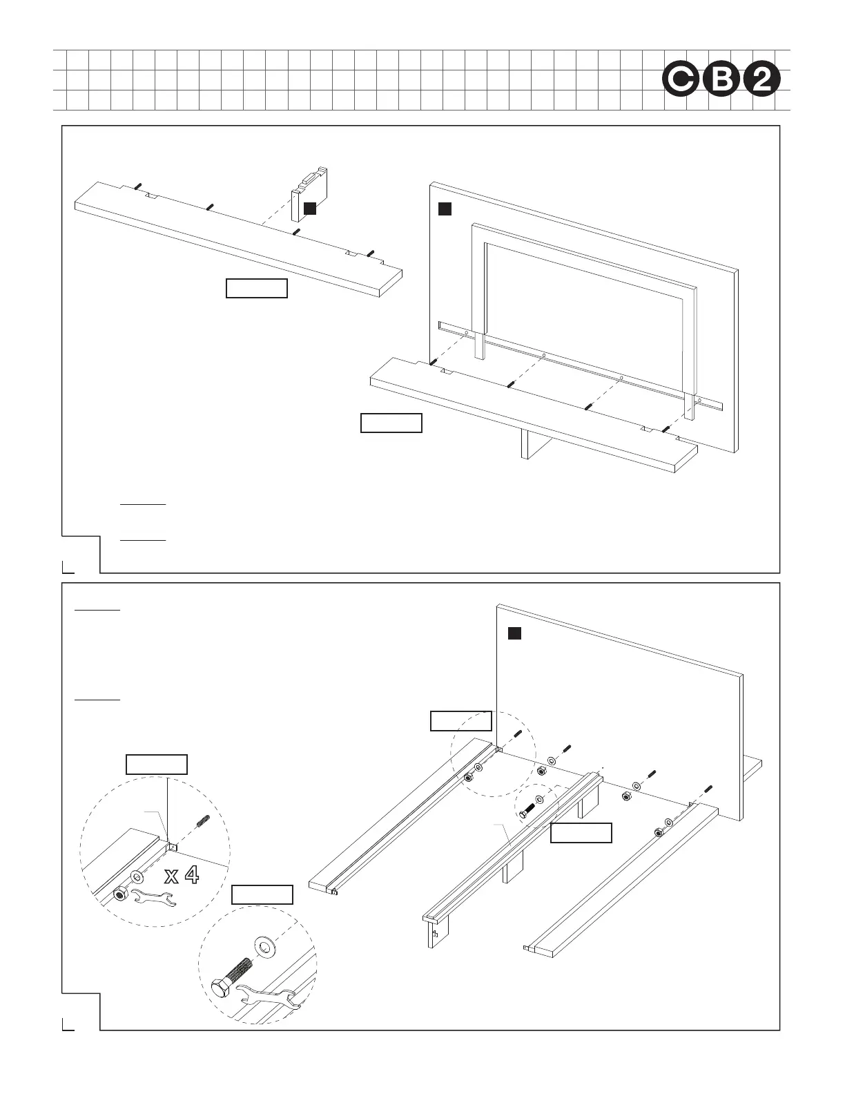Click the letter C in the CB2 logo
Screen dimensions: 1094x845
coord(679,81)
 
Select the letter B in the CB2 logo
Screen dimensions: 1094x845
coord(721,81)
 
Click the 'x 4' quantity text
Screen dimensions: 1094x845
coord(182,876)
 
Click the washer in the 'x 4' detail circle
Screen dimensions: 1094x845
coord(137,877)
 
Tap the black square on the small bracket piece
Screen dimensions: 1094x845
coord(311,208)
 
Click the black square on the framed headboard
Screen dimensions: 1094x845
coord(445,209)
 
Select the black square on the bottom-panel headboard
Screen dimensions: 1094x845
coord(514,633)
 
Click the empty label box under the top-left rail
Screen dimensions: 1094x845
coord(257,288)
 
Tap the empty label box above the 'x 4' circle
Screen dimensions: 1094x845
coord(157,765)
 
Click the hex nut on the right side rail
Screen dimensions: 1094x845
coord(658,832)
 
